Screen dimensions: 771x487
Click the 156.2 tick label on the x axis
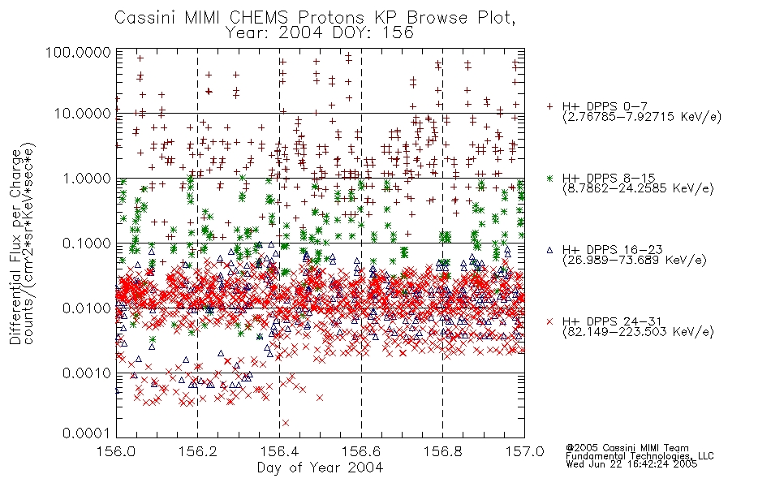coord(198,451)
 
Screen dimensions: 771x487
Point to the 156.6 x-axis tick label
coord(361,451)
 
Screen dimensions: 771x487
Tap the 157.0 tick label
coord(524,451)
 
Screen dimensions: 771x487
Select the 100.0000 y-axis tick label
coord(79,52)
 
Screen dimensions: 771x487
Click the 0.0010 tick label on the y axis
coord(87,373)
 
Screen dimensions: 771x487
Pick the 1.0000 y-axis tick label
coord(87,178)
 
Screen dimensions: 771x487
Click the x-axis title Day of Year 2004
coord(320,468)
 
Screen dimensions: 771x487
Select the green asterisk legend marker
coord(549,178)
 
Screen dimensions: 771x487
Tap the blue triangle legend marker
coord(549,250)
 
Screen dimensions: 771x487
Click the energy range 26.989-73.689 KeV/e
coord(635,261)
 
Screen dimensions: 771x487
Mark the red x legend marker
coord(549,321)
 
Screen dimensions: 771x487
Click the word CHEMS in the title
coord(259,18)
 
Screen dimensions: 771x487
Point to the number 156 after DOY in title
coord(398,33)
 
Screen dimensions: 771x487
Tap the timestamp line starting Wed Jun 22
coord(631,464)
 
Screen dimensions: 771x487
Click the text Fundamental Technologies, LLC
coord(640,456)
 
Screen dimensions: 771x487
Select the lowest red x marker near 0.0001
coord(286,423)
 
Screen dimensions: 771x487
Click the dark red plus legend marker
coord(549,106)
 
